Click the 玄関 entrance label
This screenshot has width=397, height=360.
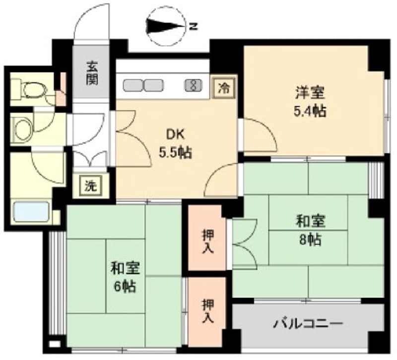[92, 73]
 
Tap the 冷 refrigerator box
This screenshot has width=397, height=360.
[224, 88]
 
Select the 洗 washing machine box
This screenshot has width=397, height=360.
[91, 186]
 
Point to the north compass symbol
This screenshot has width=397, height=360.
[166, 26]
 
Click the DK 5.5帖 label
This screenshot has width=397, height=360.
[175, 144]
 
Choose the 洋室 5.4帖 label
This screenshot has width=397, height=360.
[310, 102]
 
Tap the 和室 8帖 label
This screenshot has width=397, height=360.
[311, 230]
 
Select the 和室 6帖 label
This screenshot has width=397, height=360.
[126, 277]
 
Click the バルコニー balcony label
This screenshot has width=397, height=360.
[309, 324]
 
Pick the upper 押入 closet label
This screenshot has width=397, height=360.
[207, 241]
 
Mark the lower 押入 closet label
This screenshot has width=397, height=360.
[207, 311]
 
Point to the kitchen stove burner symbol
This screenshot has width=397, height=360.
[194, 85]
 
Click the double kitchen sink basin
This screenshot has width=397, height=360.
[143, 85]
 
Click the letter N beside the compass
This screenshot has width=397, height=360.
[194, 26]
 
